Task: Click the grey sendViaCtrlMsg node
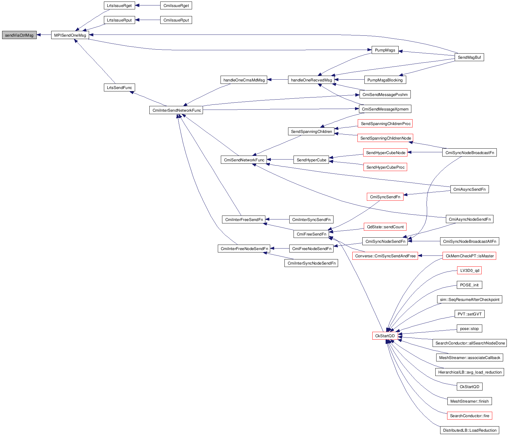pos(19,35)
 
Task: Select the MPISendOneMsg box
pos(70,35)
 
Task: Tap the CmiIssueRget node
pos(176,5)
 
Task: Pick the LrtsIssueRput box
pos(119,20)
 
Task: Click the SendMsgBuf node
pos(469,57)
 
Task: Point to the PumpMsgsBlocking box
pos(385,80)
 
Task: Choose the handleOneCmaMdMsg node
pos(244,80)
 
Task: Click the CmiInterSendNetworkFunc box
pos(177,110)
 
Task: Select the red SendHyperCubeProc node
pos(385,167)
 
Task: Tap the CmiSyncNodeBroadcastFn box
pos(470,153)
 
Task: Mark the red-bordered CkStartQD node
pos(385,336)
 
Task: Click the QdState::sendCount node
pos(385,227)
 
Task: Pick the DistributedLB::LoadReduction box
pos(470,430)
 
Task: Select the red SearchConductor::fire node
pos(470,416)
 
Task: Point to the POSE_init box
pos(469,285)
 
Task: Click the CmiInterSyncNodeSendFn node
pos(311,263)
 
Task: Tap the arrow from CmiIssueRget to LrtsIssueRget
pos(148,5)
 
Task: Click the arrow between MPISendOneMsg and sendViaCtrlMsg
pos(44,35)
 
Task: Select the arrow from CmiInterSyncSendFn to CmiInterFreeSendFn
pos(277,219)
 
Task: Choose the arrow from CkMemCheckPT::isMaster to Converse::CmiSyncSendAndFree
pos(430,256)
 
